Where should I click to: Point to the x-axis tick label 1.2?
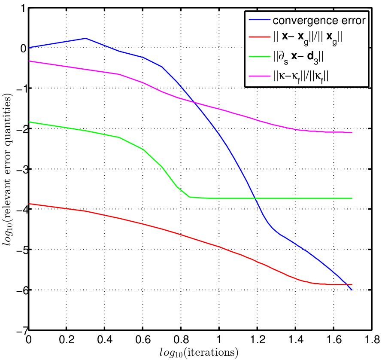257,339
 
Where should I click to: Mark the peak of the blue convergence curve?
85,38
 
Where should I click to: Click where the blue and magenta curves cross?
194,102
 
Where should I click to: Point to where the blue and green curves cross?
256,198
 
